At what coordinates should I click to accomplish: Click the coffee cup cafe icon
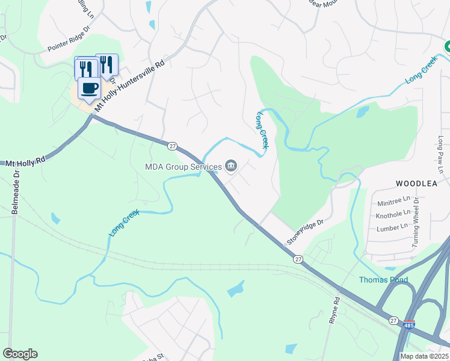[89, 88]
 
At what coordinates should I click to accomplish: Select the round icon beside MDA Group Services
[230, 166]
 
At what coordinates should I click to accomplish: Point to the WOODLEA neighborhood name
[415, 182]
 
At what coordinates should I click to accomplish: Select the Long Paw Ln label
[440, 155]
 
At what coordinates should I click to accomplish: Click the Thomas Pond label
[383, 280]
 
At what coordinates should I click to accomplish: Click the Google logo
[20, 354]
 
